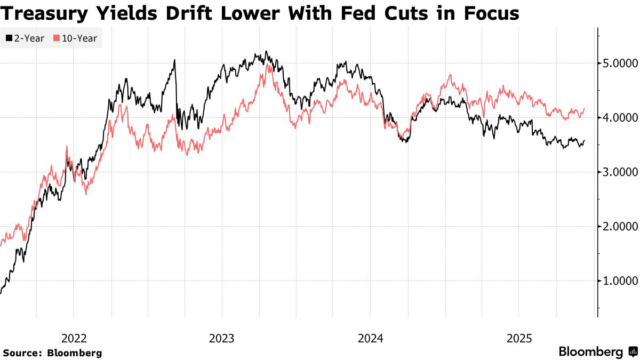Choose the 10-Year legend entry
click(75, 38)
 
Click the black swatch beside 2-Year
click(9, 38)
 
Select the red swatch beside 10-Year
click(56, 38)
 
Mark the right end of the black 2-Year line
click(585, 141)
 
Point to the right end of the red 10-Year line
click(585, 109)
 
